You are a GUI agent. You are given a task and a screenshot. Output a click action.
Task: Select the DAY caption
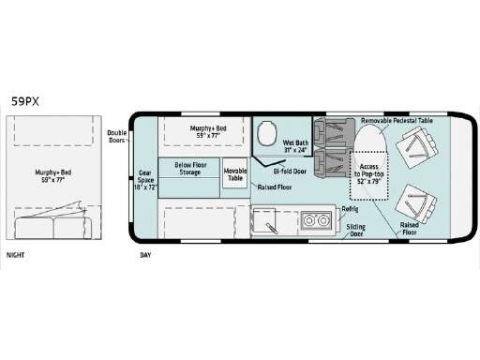pos(145,254)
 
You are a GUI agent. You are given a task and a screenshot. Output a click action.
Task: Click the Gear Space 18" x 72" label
pos(145,180)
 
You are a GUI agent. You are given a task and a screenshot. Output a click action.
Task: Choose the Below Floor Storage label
pos(190,169)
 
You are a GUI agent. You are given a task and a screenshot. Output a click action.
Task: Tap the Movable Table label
pos(235,173)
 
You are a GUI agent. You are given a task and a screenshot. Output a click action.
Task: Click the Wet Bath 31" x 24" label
pos(294,147)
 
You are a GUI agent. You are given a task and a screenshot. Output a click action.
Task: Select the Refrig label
pos(349,209)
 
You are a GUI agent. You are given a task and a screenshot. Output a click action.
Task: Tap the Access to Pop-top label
pos(367,172)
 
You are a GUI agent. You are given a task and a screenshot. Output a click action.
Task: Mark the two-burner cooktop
pos(313,222)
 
